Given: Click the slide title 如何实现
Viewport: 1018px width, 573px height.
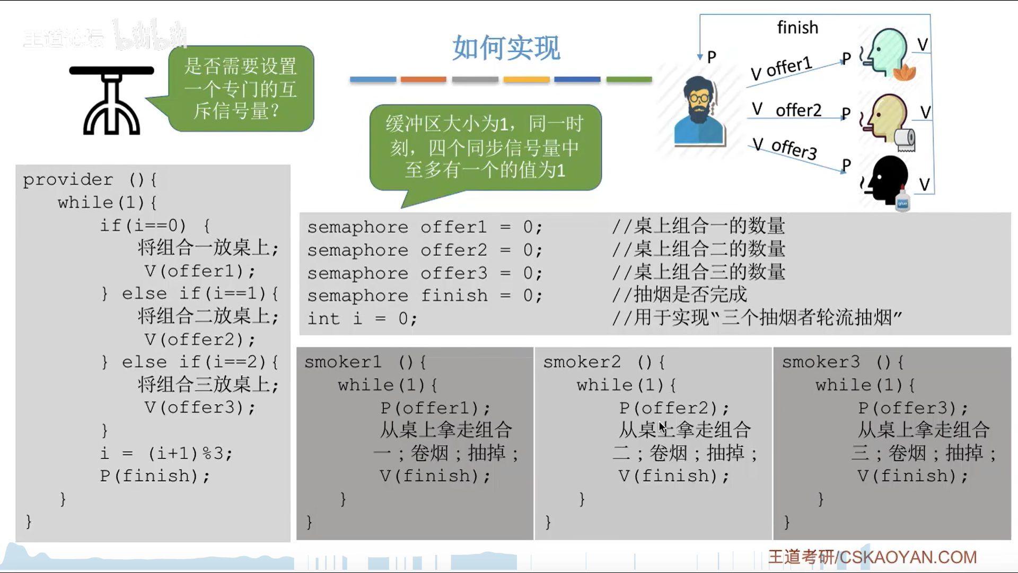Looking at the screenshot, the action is click(506, 48).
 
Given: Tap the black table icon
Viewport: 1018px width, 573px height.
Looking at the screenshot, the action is click(111, 101).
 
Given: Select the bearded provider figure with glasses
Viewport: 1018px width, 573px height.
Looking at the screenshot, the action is click(699, 111).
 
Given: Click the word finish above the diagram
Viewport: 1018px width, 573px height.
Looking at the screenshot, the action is click(797, 27).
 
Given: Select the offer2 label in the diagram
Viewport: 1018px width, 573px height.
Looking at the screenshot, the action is click(798, 110).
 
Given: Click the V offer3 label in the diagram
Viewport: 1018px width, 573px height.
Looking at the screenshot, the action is click(785, 148).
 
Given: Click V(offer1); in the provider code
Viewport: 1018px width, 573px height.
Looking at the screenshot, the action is click(200, 271).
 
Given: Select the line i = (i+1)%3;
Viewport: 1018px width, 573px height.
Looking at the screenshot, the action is click(166, 454).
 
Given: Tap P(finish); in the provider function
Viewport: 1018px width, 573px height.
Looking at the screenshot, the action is click(155, 476).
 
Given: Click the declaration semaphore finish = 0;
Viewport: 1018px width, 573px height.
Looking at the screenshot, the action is click(425, 296).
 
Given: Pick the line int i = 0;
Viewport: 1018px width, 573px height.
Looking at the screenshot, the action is click(362, 318).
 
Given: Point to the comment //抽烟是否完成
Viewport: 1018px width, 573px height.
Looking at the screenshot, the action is click(679, 295).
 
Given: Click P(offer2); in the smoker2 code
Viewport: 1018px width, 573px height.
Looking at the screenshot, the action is click(674, 408).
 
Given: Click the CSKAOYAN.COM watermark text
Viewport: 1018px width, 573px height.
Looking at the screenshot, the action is click(908, 557).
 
